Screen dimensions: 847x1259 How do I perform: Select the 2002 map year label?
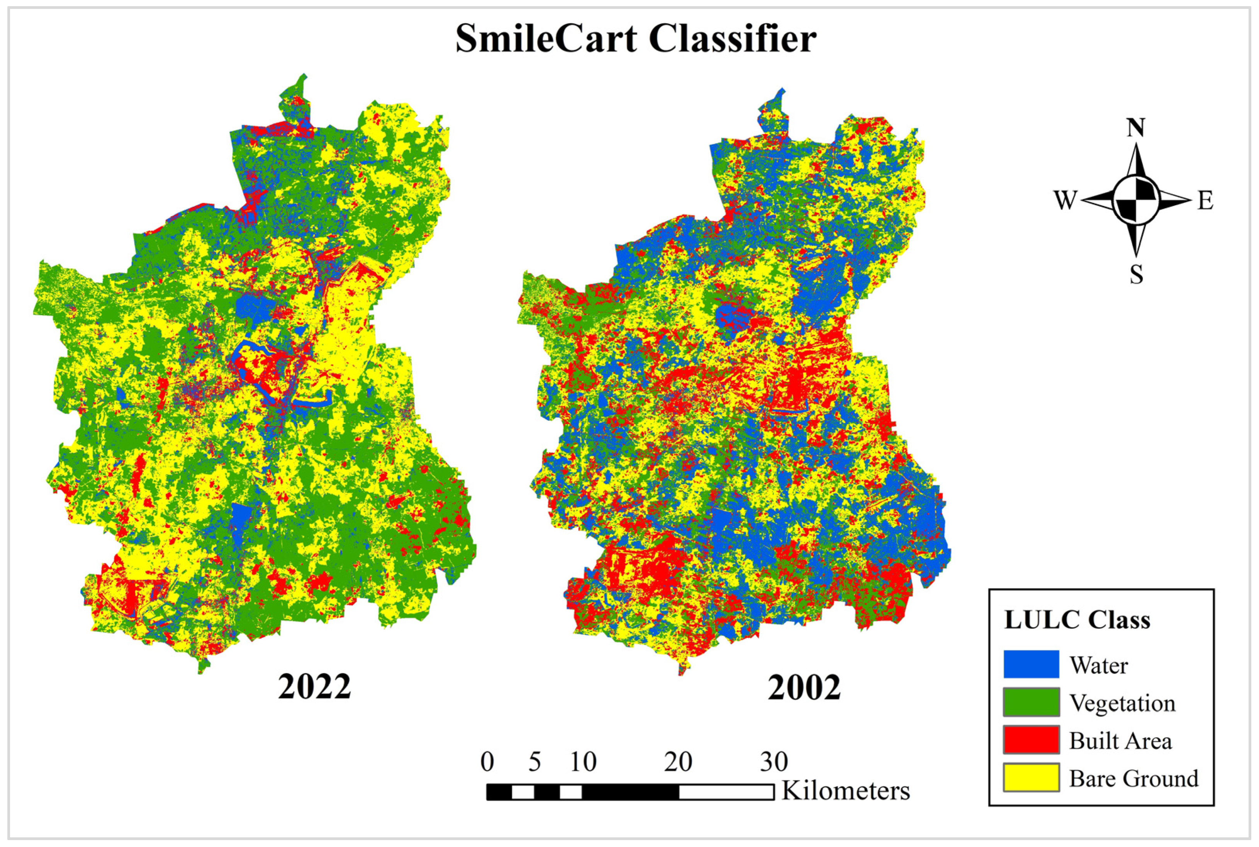[x=804, y=688]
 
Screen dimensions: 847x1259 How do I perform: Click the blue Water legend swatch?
[x=1031, y=664]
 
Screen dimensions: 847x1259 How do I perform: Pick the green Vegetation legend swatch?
[x=1031, y=702]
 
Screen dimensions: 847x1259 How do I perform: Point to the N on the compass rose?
[x=1135, y=128]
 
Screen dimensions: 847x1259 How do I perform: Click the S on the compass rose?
[x=1136, y=276]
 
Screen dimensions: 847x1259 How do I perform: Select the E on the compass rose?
[x=1205, y=201]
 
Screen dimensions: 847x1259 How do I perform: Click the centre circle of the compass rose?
[x=1136, y=199]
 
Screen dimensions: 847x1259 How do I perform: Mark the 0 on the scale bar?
[x=487, y=762]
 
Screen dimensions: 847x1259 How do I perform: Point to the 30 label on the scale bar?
[x=774, y=762]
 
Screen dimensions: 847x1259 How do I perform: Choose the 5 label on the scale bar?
[x=534, y=762]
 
